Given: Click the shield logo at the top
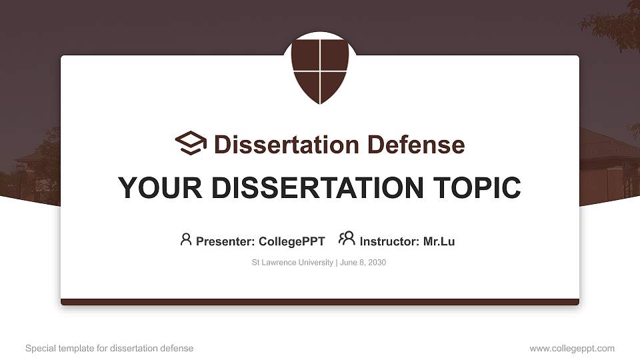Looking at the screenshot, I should coord(320,69).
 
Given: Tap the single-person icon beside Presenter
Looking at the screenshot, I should coord(186,240).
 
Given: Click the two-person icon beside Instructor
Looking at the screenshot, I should coord(347,239).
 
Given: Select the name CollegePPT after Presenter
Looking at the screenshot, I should coord(291,241).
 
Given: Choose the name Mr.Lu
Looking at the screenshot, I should coord(439,241).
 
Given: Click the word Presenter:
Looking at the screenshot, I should coord(225,241).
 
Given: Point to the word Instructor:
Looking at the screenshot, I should coord(389,241).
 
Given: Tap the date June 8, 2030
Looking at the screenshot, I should coord(363,263).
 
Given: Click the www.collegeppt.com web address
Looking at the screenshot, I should coord(572,349).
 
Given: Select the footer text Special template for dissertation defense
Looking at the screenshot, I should coord(109,349).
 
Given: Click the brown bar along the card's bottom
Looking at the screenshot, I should coord(320,302).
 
